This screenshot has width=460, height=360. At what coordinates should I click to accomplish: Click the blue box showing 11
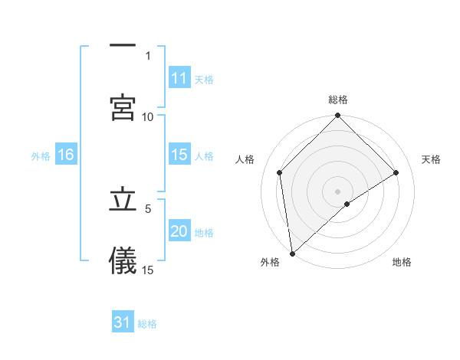tap(179, 78)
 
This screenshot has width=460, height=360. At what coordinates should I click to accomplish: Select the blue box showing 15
tap(179, 155)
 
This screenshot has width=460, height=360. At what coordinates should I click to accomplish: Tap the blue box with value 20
tap(179, 231)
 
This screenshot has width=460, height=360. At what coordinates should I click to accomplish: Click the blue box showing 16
tap(66, 155)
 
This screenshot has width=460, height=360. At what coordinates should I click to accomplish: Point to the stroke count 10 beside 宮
tap(148, 116)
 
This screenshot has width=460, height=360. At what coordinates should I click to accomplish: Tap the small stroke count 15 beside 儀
tap(148, 270)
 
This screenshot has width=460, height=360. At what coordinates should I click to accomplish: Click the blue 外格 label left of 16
tap(41, 155)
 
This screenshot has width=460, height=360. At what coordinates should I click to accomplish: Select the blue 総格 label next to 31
tap(147, 323)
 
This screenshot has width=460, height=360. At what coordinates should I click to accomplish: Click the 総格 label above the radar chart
tap(338, 100)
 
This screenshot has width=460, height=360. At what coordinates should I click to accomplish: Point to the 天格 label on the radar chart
tap(432, 159)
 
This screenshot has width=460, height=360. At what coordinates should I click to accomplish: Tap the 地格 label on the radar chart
tap(402, 262)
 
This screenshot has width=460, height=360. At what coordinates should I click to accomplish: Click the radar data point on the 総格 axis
tap(338, 117)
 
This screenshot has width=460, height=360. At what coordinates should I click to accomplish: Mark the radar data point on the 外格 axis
tap(292, 253)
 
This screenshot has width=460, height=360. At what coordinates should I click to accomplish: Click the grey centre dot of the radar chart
tap(338, 191)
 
